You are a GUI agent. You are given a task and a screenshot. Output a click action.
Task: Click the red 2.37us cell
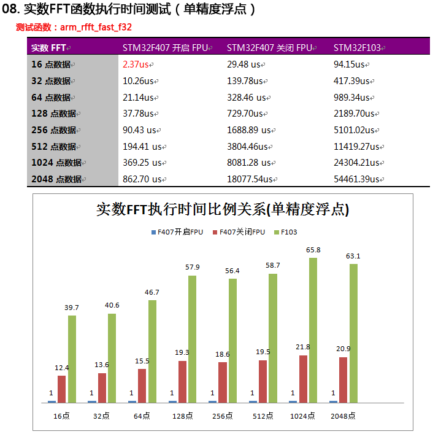(x=136, y=64)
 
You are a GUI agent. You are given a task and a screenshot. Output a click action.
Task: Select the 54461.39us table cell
(x=358, y=179)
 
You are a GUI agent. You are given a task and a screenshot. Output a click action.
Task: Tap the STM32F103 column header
(x=356, y=48)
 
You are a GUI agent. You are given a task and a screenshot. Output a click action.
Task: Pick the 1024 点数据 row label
(x=56, y=163)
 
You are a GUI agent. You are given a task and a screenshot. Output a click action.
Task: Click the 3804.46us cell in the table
(x=251, y=146)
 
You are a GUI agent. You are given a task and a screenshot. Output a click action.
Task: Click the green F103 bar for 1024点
(x=313, y=330)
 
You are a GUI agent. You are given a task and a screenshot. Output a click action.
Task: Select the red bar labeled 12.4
(x=61, y=389)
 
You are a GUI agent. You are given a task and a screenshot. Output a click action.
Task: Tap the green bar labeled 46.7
(x=152, y=351)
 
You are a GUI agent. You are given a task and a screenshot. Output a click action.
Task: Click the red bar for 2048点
(x=343, y=379)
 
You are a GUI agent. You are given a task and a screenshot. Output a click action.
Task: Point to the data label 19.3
(x=182, y=353)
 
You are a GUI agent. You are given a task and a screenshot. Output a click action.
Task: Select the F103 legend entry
(x=285, y=233)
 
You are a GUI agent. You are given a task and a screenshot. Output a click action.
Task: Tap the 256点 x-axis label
(x=224, y=416)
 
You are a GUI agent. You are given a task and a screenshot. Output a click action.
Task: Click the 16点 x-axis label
(x=62, y=416)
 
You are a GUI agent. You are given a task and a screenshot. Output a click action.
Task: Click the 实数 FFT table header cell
(x=49, y=48)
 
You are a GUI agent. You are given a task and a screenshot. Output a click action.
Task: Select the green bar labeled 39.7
(x=72, y=359)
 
